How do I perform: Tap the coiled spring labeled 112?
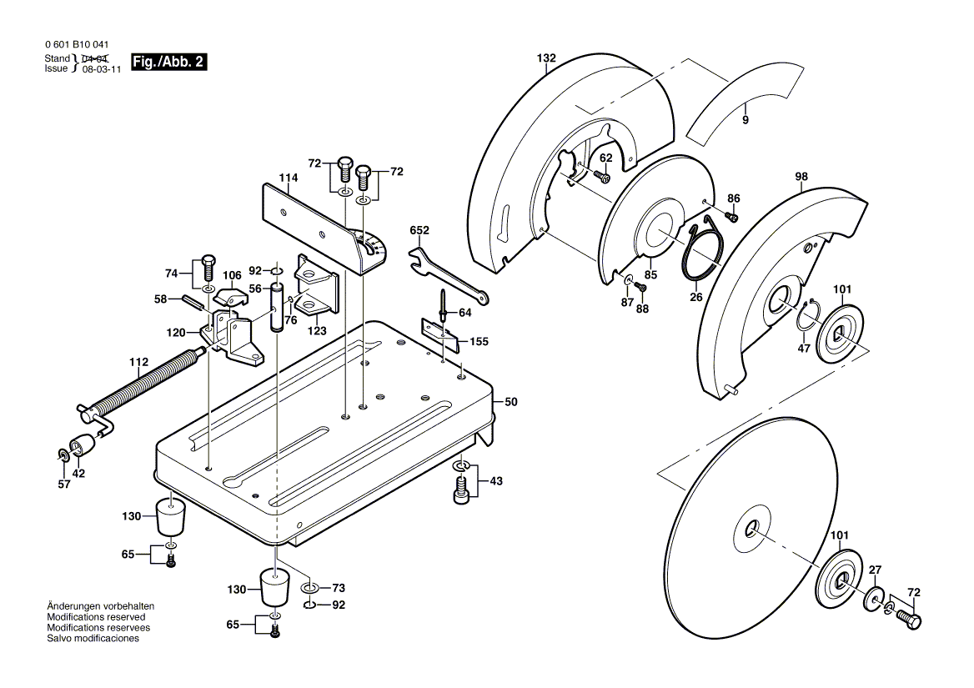pos(146,386)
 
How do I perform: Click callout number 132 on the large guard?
pos(546,58)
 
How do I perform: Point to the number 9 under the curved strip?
pos(746,120)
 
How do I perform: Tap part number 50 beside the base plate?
pos(511,402)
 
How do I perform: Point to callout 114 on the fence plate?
pos(289,178)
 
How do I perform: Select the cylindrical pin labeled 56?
pos(277,309)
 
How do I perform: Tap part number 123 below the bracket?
pos(318,330)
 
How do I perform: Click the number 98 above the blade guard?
pos(801,177)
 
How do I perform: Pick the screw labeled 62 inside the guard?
pos(603,175)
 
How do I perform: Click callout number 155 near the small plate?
pos(479,342)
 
